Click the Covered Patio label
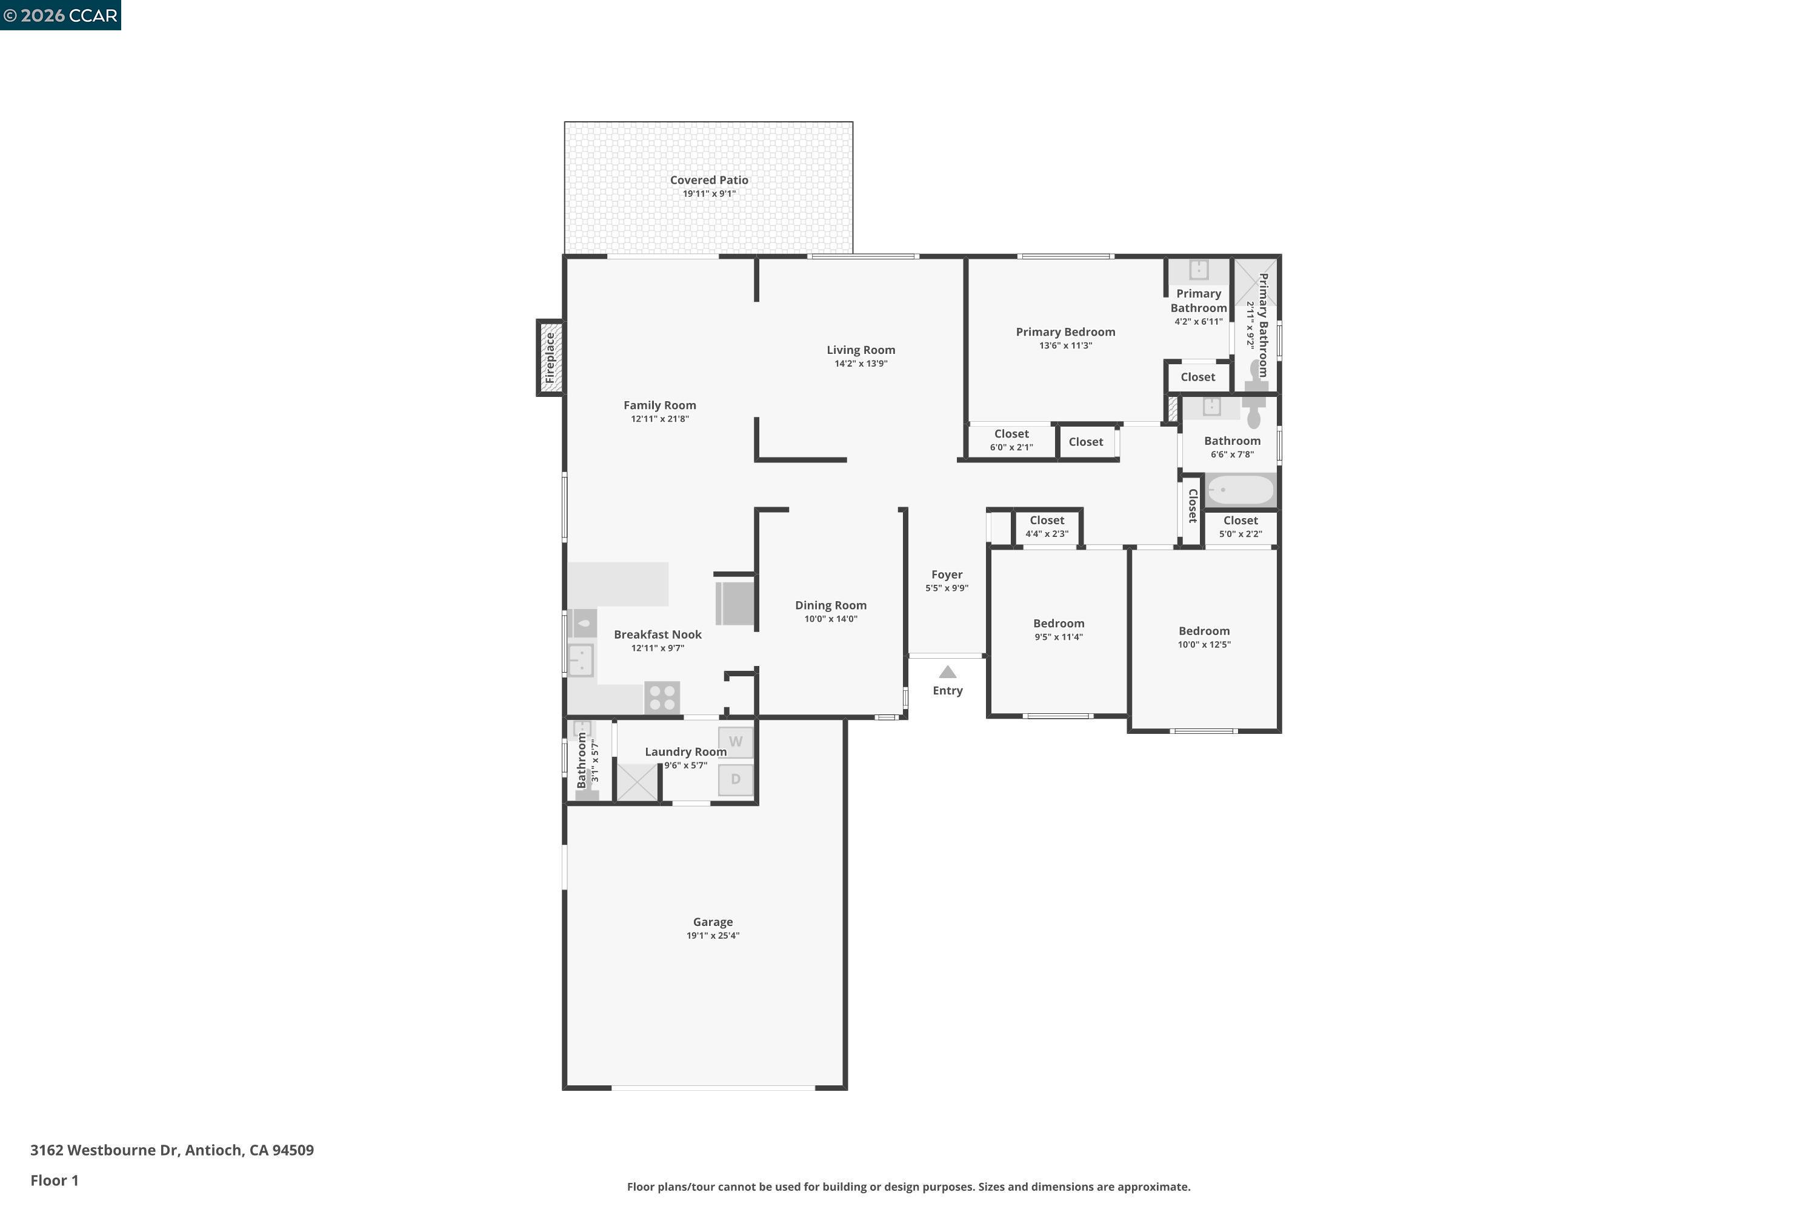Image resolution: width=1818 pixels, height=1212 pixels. (709, 180)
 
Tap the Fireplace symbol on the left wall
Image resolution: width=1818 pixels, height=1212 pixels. (550, 358)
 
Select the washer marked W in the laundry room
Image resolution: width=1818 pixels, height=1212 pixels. (735, 742)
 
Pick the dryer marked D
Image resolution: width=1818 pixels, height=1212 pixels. (735, 779)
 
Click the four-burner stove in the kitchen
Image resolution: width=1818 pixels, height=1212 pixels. (662, 698)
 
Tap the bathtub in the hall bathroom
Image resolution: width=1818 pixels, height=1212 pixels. (1240, 490)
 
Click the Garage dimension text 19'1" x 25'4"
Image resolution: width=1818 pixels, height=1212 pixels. (713, 935)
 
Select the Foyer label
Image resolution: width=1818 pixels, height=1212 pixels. (947, 574)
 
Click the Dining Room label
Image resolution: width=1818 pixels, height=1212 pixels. (830, 605)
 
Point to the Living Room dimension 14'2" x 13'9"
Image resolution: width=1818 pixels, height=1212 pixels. (861, 363)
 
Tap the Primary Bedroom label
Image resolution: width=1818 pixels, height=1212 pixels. (1065, 331)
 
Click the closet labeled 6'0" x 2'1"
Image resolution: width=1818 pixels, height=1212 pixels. (1011, 440)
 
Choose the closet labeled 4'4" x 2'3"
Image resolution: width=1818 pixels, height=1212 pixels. (1047, 527)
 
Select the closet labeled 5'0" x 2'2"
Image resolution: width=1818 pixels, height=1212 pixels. (1240, 527)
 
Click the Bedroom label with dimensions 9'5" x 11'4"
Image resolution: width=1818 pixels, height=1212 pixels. (1058, 624)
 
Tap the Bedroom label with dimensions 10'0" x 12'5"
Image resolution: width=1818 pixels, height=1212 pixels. (1204, 631)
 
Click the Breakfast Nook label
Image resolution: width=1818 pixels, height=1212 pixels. (658, 634)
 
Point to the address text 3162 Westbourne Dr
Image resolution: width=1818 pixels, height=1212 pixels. (171, 1150)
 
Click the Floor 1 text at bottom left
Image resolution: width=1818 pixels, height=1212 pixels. (54, 1180)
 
